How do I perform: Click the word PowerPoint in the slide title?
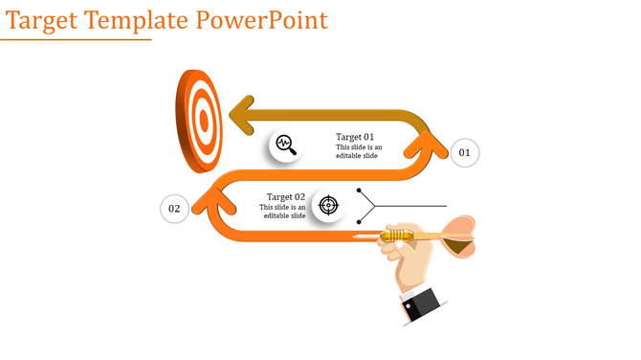(x=260, y=20)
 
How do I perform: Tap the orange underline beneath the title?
(x=76, y=40)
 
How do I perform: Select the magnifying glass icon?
(x=285, y=146)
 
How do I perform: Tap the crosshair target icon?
(x=328, y=204)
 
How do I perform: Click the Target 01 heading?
(x=355, y=137)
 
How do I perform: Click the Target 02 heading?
(x=285, y=196)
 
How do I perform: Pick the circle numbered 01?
(x=464, y=152)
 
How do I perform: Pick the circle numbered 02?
(x=174, y=208)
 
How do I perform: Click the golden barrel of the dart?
(x=396, y=235)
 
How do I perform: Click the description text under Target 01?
(x=359, y=151)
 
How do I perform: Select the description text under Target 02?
(x=284, y=212)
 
